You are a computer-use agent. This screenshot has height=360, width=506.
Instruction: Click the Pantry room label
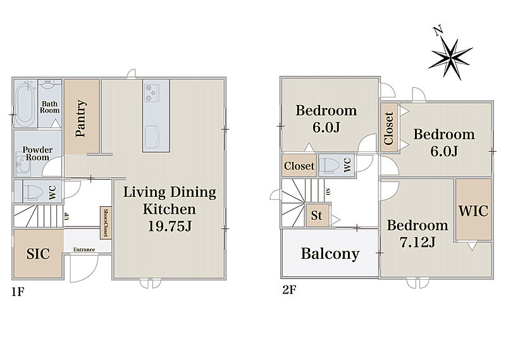81,118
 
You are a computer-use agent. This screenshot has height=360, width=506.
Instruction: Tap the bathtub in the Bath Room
25,104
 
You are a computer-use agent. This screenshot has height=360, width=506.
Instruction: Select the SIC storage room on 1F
38,254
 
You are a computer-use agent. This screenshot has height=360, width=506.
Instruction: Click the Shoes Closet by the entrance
106,223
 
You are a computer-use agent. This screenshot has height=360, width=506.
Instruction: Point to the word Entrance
84,249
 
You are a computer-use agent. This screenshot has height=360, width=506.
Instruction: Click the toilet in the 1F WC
34,192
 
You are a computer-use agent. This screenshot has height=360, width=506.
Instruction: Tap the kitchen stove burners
151,93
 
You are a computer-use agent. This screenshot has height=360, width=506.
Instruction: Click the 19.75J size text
170,226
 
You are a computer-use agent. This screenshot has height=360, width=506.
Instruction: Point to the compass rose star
450,59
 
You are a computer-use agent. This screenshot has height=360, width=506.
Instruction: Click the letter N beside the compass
438,31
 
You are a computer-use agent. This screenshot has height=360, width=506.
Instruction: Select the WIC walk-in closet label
473,211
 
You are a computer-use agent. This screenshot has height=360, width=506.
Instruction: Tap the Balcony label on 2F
330,254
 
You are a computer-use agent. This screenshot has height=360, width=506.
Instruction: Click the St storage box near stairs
318,215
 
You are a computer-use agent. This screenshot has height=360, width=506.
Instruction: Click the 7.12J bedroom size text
418,242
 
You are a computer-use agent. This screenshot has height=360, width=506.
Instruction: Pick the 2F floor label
289,290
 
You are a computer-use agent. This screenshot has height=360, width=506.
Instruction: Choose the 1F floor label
18,292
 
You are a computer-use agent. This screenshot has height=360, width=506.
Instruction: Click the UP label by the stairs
67,216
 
